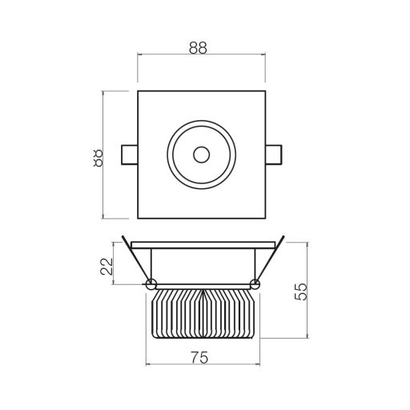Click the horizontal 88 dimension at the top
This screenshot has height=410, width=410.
coord(198,48)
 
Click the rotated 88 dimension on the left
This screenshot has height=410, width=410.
coord(98,158)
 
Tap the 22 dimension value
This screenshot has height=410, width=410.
coord(107,266)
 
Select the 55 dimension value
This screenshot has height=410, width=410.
coord(301,291)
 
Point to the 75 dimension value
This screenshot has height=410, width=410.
coord(199,358)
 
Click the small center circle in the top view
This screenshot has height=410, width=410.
coord(202,155)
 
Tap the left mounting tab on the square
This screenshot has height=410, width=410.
coord(130,155)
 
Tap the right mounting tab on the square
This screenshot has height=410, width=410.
coord(274,155)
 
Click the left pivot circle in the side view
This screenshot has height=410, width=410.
coord(151,284)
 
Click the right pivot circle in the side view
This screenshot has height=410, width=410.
coord(255,284)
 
